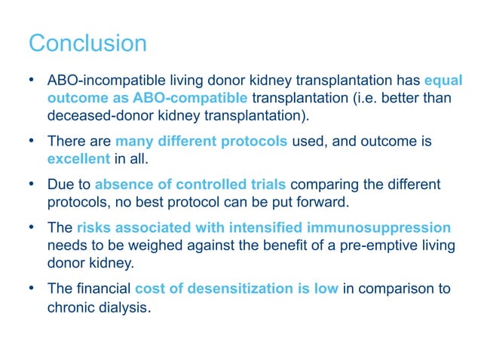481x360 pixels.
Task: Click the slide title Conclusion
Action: (x=87, y=43)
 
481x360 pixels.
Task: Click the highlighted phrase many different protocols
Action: (x=201, y=141)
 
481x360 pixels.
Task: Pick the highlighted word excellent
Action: (x=78, y=159)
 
